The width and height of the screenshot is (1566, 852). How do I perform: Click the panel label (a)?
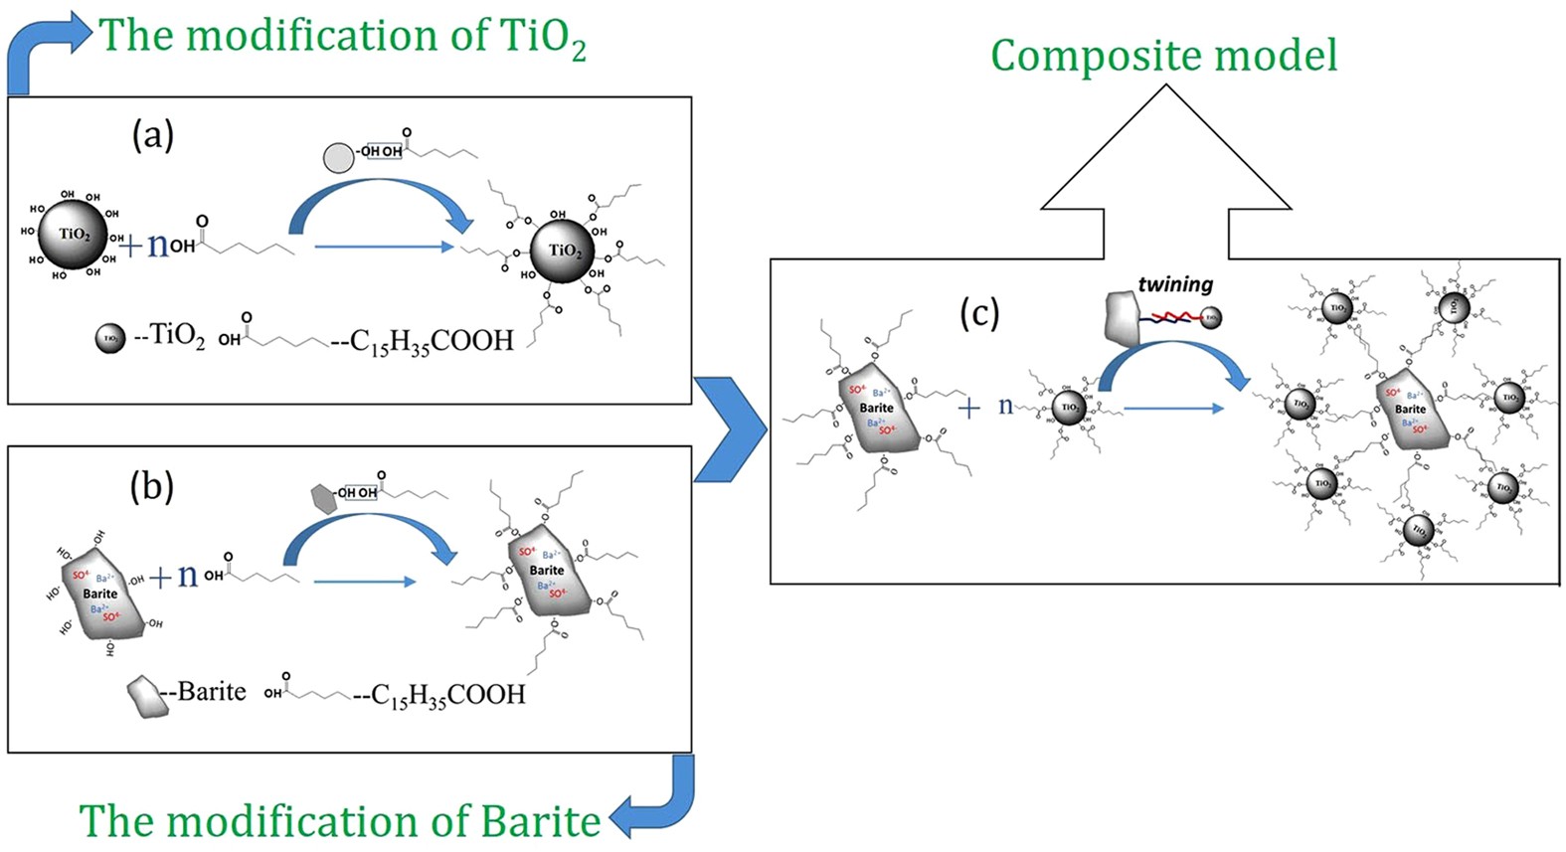(152, 134)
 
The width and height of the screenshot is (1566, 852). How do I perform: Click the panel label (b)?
(151, 486)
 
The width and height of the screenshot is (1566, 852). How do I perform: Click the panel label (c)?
(978, 313)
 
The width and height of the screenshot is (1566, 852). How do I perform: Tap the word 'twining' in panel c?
(1175, 284)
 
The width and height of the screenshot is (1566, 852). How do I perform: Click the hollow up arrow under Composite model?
(1165, 169)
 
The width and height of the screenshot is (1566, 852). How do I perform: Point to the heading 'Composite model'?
(1163, 56)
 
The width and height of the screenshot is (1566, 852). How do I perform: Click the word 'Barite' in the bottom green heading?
(541, 821)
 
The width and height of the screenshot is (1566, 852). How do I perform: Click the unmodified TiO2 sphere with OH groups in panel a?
(73, 235)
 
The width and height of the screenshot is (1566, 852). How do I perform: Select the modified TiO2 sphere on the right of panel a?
(563, 251)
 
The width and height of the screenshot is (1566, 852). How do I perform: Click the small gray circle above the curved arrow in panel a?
(339, 157)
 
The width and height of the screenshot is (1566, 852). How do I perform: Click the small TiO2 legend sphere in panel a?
(110, 338)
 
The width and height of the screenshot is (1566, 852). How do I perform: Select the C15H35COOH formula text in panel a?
(431, 340)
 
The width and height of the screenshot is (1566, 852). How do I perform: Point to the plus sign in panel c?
(968, 407)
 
